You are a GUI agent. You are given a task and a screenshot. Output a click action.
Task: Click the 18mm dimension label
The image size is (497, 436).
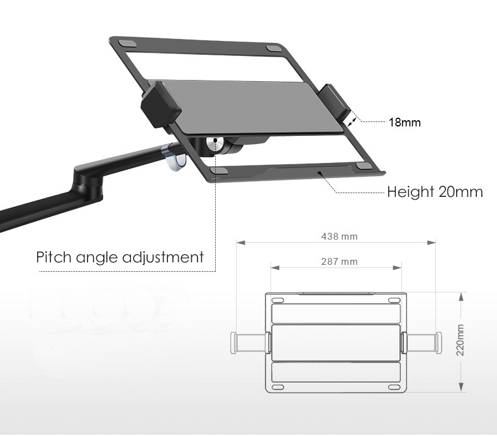coord(405,123)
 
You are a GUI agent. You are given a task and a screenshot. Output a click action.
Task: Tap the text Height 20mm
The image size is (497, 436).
coord(435,192)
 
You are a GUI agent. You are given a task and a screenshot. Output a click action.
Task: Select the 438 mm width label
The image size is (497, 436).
coord(339,236)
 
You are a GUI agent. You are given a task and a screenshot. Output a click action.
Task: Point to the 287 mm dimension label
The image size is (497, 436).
coord(339,262)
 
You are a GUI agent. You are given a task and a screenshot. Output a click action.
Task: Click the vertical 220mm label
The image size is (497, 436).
coord(461,340)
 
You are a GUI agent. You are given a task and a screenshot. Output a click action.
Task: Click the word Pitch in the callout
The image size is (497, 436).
coord(53,257)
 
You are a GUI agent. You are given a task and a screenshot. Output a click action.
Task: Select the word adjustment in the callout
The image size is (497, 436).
coord(163,257)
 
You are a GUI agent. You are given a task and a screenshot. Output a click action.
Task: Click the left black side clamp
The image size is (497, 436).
coord(160,104)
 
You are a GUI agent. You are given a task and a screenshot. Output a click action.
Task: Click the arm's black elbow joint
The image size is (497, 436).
coord(89,182)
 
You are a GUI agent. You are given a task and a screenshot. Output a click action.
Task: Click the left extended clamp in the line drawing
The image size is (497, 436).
coord(250,342)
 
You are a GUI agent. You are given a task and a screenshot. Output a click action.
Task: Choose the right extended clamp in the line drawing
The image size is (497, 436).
coord(421,342)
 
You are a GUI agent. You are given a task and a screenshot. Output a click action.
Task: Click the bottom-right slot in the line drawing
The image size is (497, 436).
coord(394,388)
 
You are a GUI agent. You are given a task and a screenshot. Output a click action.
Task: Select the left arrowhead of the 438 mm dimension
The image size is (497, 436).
coord(241,243)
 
